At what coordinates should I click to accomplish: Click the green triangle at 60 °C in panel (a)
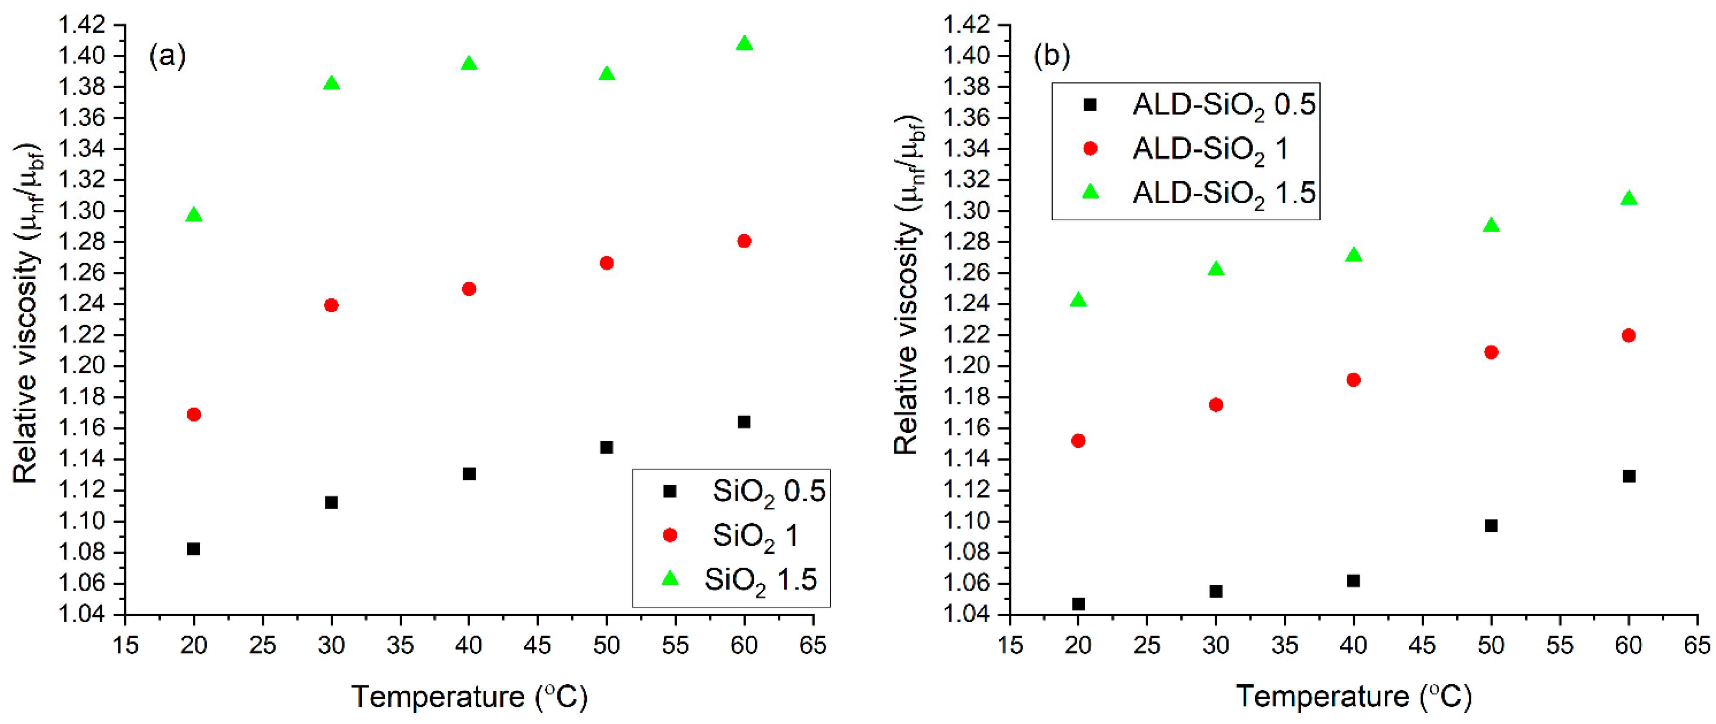[x=744, y=44]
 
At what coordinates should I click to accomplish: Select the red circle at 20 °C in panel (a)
[x=194, y=414]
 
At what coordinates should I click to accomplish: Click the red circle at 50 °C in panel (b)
[x=1491, y=352]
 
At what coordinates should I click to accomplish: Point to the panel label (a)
[x=167, y=56]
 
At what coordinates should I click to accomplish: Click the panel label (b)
[x=1051, y=56]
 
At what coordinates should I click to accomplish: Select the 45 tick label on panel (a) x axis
[x=537, y=645]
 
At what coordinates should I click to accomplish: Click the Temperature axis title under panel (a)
[x=470, y=697]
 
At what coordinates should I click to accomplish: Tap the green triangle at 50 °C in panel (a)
[x=606, y=74]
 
